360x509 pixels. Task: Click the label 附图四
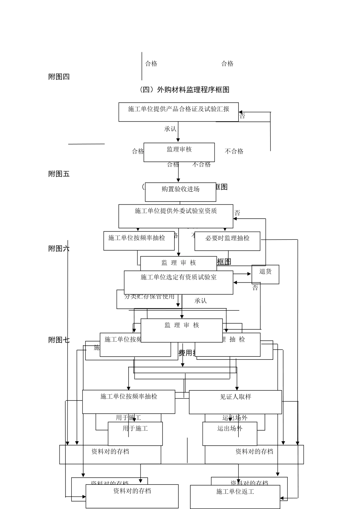tap(59, 77)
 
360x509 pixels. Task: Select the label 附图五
tap(59, 174)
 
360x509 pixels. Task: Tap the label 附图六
tap(59, 249)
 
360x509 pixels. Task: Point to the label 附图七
tap(59, 340)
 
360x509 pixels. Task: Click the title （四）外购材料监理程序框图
tap(185, 90)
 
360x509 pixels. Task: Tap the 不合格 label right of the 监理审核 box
tap(234, 151)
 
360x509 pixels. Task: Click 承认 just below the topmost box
tap(170, 129)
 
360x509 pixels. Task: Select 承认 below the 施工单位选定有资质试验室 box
tap(200, 301)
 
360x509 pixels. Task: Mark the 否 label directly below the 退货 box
tap(255, 288)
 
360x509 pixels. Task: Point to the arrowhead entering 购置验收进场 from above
tap(178, 181)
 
